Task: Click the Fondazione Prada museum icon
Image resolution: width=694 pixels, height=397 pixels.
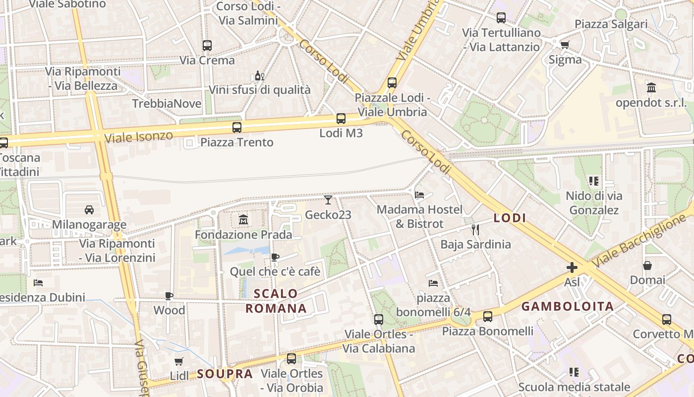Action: pos(243,219)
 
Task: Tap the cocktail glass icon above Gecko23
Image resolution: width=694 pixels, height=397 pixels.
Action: pos(328,200)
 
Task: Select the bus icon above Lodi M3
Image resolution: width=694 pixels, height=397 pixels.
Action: pos(341,119)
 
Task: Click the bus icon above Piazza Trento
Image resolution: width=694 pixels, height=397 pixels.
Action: pos(237,128)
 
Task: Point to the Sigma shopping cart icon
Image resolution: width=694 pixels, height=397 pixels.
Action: pos(565,45)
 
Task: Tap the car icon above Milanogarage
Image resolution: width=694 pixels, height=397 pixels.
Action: pos(89,209)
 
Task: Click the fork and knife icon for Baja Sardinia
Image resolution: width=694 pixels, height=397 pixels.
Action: pos(475,229)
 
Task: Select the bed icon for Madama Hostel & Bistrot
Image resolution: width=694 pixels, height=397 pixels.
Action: pos(419,195)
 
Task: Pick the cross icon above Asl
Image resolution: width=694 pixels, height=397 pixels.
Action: pos(572,267)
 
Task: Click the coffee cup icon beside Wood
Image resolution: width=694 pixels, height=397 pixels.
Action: pos(169,296)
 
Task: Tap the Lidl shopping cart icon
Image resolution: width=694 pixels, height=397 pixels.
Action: pos(179,362)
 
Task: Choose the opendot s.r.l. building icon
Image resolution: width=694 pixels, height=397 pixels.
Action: pos(651,88)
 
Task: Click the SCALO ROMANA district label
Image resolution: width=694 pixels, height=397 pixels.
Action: pos(276,301)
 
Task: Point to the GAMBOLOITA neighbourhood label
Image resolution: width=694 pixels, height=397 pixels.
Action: pos(568,306)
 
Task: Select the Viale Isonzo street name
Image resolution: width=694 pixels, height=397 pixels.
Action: pos(139,136)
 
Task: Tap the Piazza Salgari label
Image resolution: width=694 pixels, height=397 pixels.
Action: pos(611,24)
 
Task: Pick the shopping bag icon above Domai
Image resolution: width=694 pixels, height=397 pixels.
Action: pos(647,265)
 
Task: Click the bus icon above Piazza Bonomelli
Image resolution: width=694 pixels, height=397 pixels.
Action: pos(488,316)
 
